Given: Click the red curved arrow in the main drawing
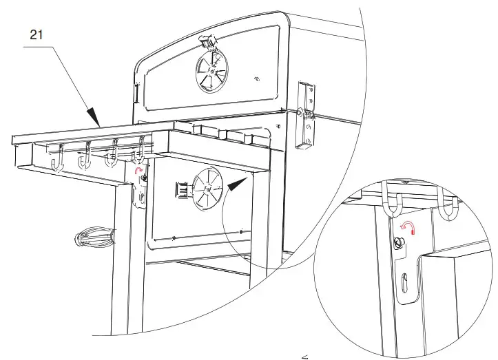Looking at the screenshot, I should (x=140, y=170).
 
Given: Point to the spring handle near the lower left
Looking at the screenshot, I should (x=92, y=237).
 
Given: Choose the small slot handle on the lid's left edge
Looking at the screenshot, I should (x=138, y=92).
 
